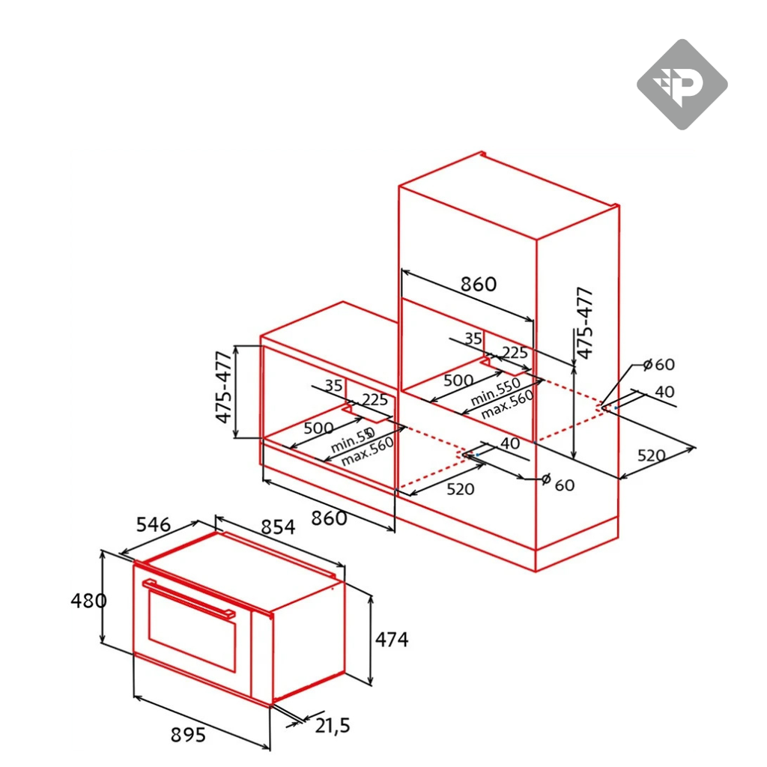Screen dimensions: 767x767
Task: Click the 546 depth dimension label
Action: click(154, 524)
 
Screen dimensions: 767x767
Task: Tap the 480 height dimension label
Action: click(89, 600)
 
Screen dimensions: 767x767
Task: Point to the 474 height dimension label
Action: click(392, 640)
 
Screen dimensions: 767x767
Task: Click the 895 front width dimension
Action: click(184, 736)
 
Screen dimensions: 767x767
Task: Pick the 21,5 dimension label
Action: click(333, 724)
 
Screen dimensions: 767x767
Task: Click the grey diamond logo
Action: click(682, 85)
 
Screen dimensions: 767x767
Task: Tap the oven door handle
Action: click(190, 598)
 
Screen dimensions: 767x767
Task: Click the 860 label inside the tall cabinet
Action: click(478, 285)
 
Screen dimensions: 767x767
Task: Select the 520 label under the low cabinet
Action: click(459, 489)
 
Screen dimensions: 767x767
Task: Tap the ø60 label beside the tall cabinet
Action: click(658, 365)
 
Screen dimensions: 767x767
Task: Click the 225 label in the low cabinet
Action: click(374, 399)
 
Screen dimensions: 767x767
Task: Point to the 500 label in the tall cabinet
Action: click(458, 380)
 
